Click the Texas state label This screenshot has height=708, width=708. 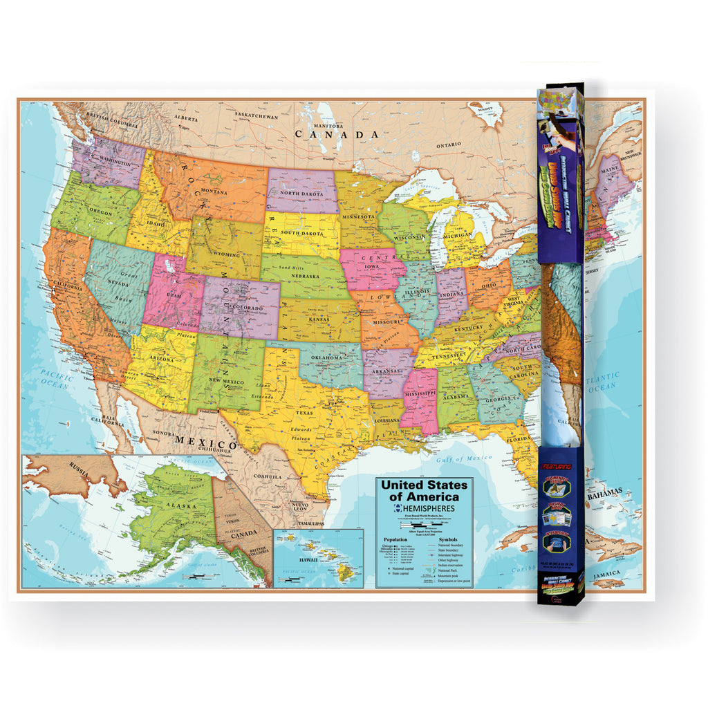[305, 413]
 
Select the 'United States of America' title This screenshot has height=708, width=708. [424, 491]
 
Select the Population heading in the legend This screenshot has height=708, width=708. [397, 539]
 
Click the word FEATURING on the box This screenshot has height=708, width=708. [560, 468]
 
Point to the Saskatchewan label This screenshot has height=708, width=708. [257, 117]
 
